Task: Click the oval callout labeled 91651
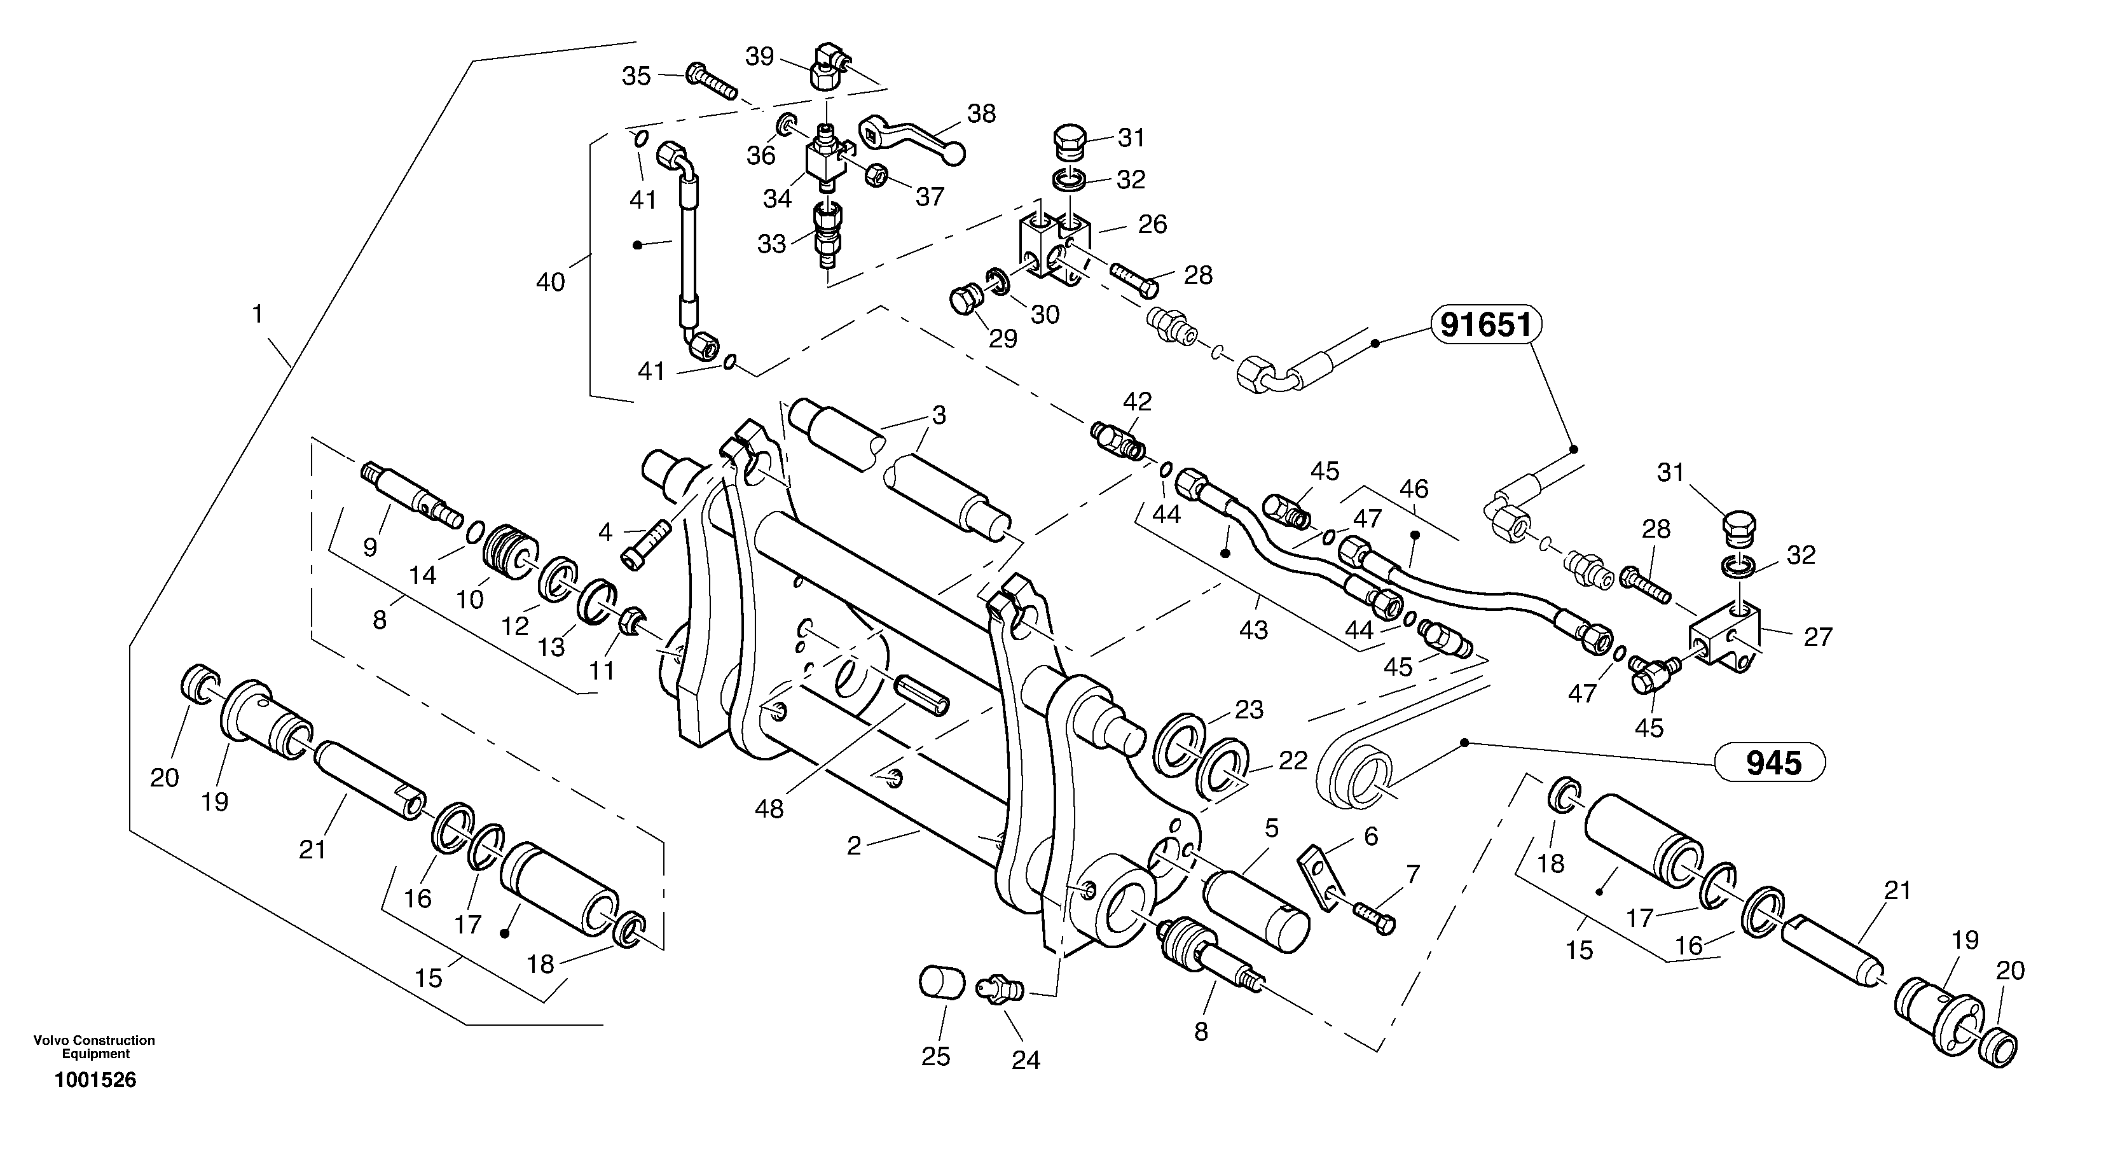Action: click(x=1485, y=325)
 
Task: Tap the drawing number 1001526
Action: click(x=95, y=1080)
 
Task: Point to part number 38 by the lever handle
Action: click(x=981, y=114)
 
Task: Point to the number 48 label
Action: click(x=769, y=810)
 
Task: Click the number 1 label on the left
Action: click(x=257, y=314)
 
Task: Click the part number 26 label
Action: click(x=1152, y=224)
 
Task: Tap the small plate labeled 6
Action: click(x=1319, y=880)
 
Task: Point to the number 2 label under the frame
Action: click(x=853, y=846)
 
